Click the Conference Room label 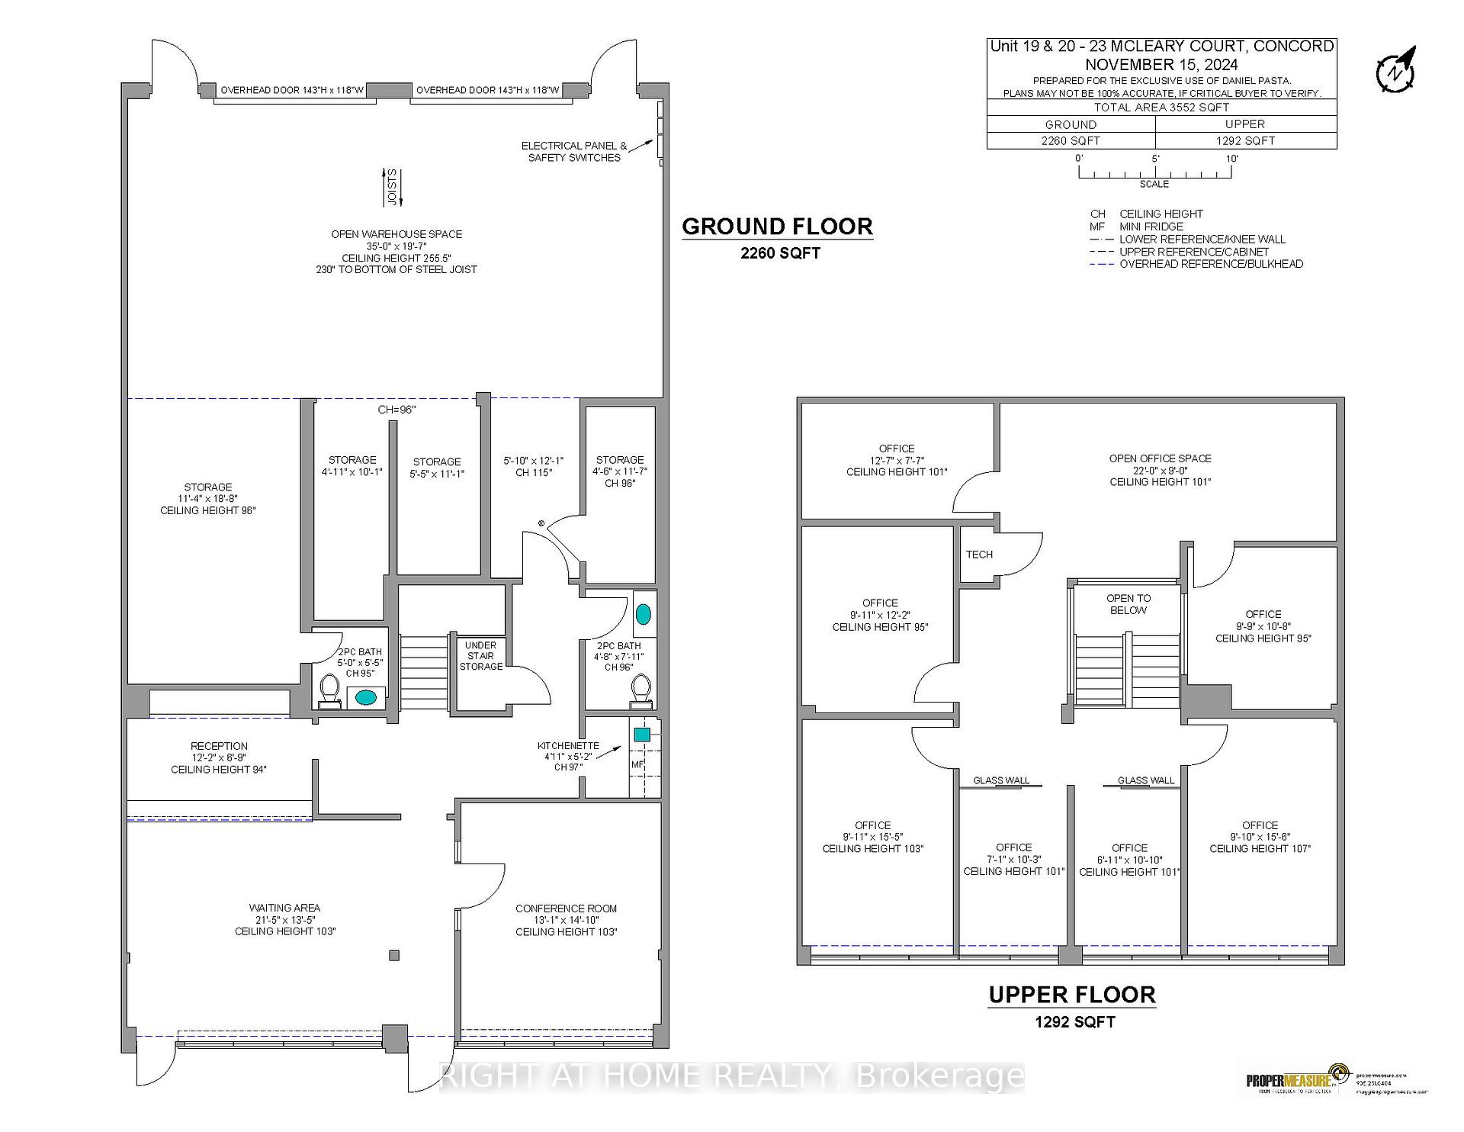pyautogui.click(x=566, y=919)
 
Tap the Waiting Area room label pyautogui.click(x=284, y=919)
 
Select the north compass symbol pyautogui.click(x=1395, y=70)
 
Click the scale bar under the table pyautogui.click(x=1154, y=173)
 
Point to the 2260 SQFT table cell pyautogui.click(x=1071, y=140)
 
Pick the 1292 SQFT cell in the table pyautogui.click(x=1245, y=140)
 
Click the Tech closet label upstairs pyautogui.click(x=979, y=555)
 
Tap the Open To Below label pyautogui.click(x=1128, y=604)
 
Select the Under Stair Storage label pyautogui.click(x=480, y=656)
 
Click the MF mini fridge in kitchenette pyautogui.click(x=637, y=764)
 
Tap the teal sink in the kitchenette pyautogui.click(x=642, y=735)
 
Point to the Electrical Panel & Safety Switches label pyautogui.click(x=574, y=151)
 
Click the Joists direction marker pyautogui.click(x=393, y=187)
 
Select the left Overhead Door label pyautogui.click(x=291, y=90)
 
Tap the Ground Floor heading pyautogui.click(x=777, y=227)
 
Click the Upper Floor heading pyautogui.click(x=1072, y=995)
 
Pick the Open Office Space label pyautogui.click(x=1160, y=470)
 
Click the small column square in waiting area pyautogui.click(x=394, y=955)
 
